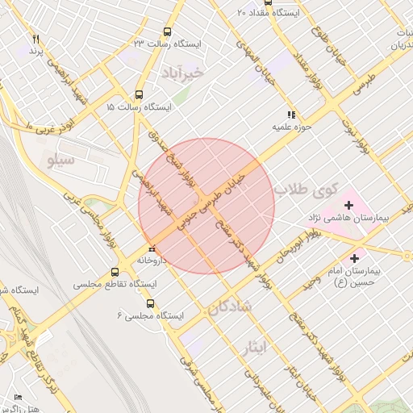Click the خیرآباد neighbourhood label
pos(186,73)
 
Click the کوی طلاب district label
pos(302,191)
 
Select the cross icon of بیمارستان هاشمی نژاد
pos(348,206)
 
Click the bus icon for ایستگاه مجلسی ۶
pos(152,303)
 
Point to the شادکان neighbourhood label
pos(230,307)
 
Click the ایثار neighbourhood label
pos(252,347)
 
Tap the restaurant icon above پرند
pos(35,39)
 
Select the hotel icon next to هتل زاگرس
pos(19,398)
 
